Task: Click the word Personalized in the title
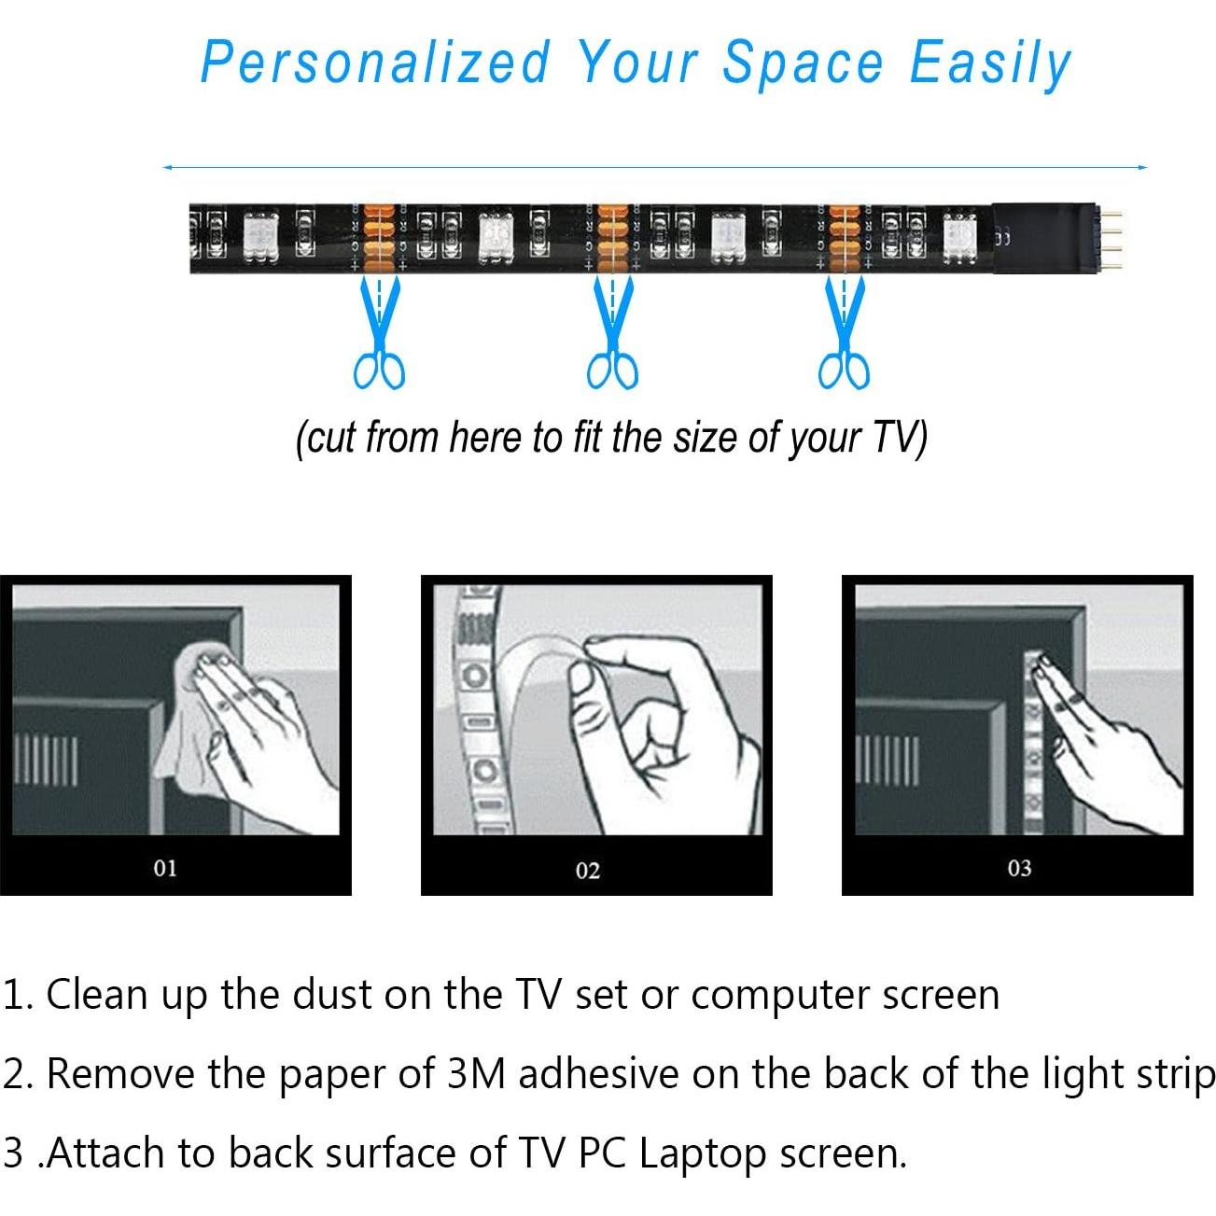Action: [375, 63]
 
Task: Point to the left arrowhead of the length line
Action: [166, 168]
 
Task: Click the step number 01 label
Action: [165, 868]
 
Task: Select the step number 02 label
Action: [588, 871]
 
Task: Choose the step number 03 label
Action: [1019, 868]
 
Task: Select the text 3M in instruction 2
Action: [476, 1074]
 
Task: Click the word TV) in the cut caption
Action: [900, 438]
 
